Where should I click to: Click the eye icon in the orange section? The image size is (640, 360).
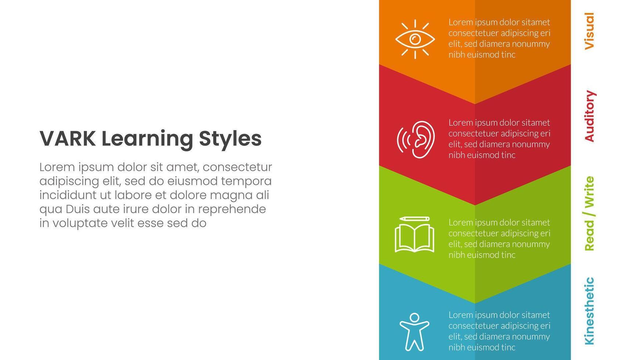(x=415, y=39)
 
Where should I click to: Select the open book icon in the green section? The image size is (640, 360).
(x=414, y=239)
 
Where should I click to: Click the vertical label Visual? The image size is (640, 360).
(x=589, y=31)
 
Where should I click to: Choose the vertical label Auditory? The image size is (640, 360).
(x=589, y=116)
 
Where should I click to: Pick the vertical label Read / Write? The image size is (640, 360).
(x=589, y=213)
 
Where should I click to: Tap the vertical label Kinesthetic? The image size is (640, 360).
(x=589, y=311)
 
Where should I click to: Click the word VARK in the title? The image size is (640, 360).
(x=67, y=138)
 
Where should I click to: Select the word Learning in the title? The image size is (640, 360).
(x=147, y=139)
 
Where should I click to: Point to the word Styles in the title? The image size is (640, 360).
(x=230, y=139)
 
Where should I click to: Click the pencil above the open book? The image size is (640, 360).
(x=414, y=219)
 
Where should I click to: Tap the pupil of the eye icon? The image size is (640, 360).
(x=415, y=39)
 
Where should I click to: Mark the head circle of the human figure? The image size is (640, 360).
(x=414, y=317)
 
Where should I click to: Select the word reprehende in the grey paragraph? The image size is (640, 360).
(x=232, y=209)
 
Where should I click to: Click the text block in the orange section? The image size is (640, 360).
(x=499, y=39)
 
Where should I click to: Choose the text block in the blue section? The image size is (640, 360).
(x=499, y=331)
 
